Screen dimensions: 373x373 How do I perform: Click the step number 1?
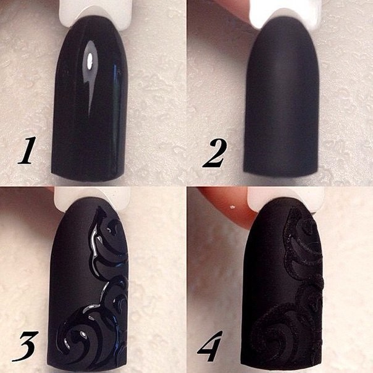[27, 150]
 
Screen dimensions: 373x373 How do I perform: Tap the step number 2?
[214, 153]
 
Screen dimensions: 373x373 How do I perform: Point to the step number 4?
[210, 346]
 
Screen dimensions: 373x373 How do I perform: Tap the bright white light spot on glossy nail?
[90, 60]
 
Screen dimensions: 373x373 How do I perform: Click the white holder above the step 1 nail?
[96, 12]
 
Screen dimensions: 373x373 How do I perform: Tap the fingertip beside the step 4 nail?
[228, 204]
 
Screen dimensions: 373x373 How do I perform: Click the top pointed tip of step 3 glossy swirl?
[98, 207]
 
